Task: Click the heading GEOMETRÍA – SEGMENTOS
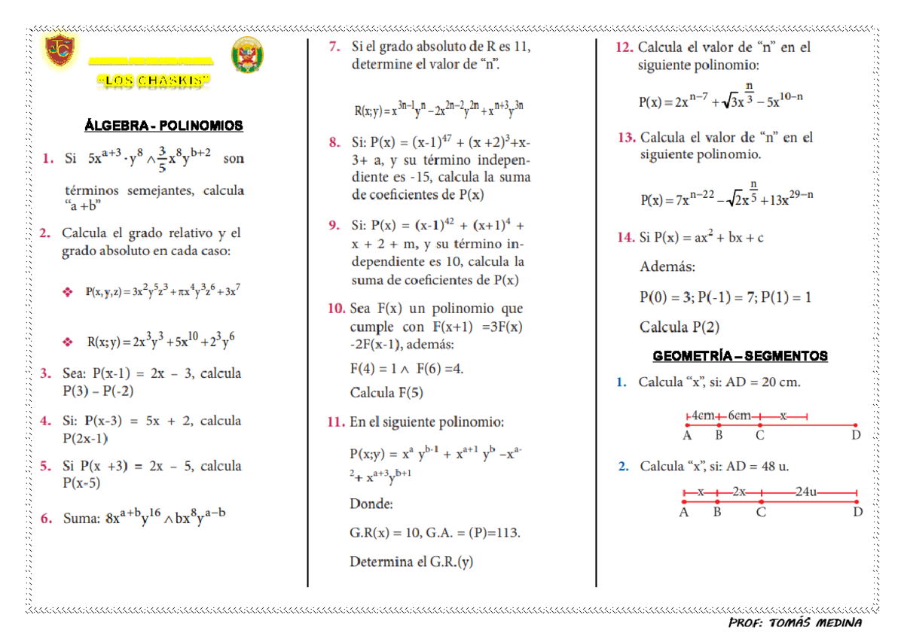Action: (740, 356)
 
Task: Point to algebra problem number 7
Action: (334, 47)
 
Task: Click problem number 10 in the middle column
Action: (336, 309)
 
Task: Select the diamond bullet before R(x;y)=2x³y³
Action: (69, 342)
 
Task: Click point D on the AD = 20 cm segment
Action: (856, 426)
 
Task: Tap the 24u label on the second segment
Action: (807, 492)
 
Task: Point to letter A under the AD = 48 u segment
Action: (684, 513)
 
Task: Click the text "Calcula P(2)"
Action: (679, 327)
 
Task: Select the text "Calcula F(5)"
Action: (386, 393)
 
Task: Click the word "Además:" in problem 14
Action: (667, 267)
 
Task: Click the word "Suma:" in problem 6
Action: (81, 519)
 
